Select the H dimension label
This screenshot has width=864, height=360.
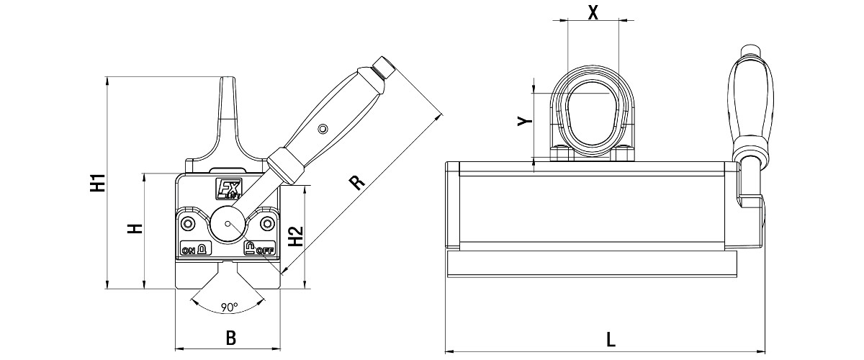[135, 229]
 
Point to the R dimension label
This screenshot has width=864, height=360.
[357, 182]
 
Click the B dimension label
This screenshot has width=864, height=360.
[230, 338]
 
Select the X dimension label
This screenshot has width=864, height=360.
[593, 12]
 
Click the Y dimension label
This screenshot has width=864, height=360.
[525, 121]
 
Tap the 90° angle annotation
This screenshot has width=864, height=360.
[229, 307]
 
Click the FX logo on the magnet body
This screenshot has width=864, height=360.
[228, 189]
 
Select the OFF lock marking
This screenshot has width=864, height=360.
[259, 248]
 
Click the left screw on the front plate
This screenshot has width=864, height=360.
[188, 224]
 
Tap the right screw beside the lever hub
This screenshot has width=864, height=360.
[266, 224]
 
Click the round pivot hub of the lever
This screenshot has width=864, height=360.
[228, 224]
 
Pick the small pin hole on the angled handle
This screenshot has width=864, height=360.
[323, 128]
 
